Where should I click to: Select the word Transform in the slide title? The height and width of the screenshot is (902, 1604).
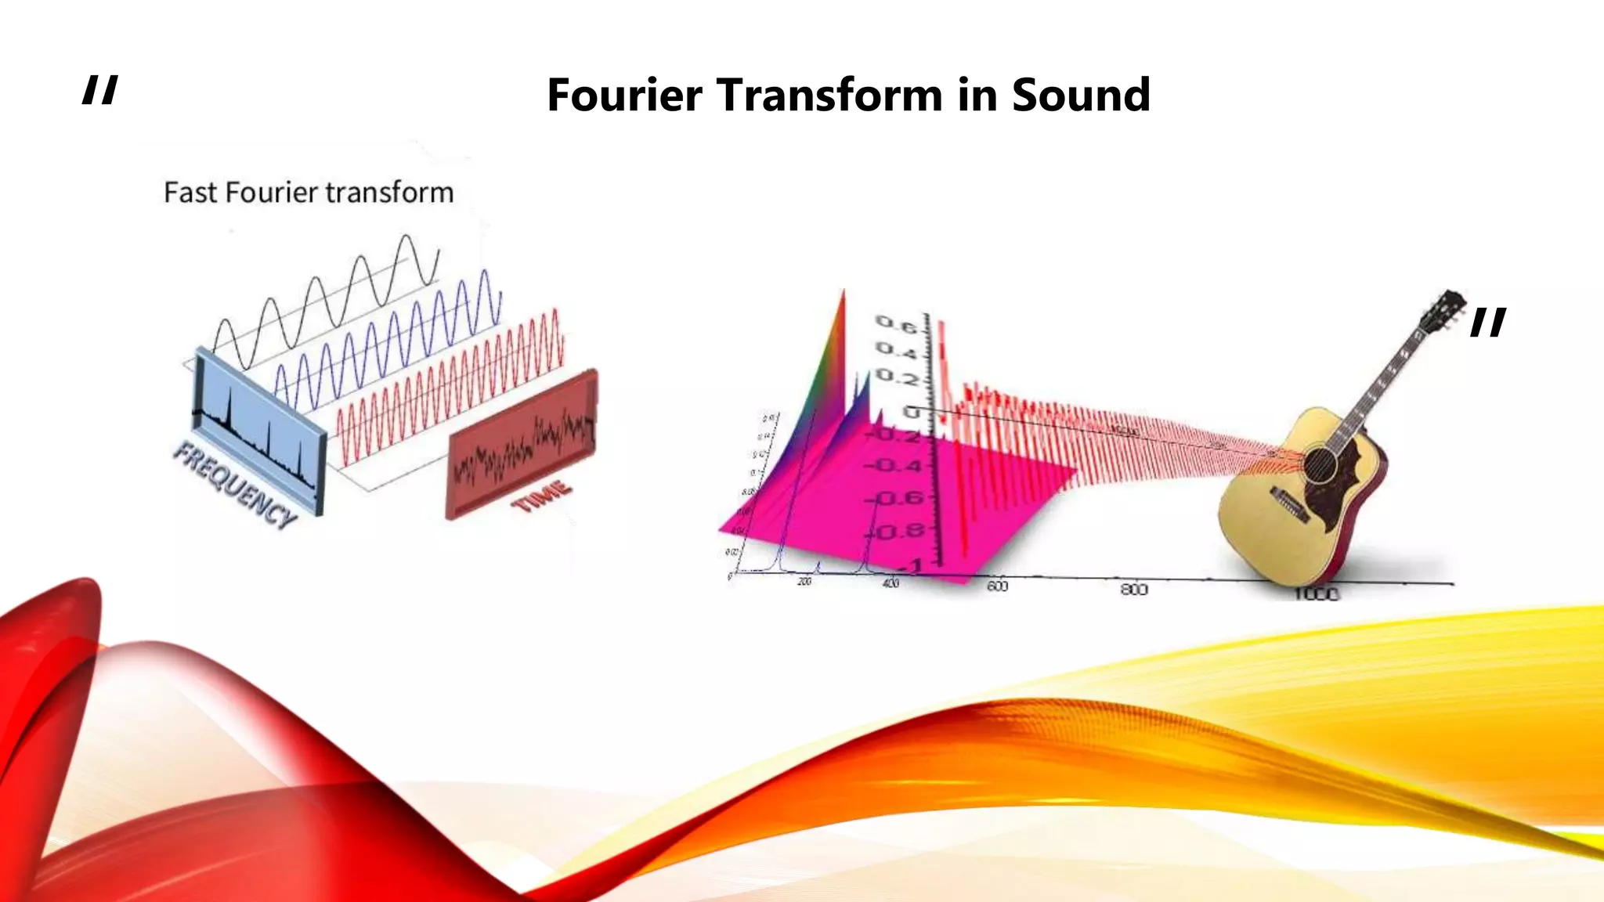tap(829, 96)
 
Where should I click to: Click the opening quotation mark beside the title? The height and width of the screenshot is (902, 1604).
tap(100, 90)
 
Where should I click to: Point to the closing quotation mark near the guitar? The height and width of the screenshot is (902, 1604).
tap(1487, 322)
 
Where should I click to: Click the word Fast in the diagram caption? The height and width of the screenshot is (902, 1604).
tap(191, 193)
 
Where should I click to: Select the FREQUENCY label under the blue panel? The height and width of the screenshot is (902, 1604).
tap(234, 485)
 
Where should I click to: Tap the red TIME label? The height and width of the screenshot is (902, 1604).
tap(541, 496)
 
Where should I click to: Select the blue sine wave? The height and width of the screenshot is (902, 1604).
tap(392, 345)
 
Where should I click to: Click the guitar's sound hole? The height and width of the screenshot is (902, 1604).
tap(1320, 464)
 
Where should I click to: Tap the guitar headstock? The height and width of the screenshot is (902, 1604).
tap(1445, 309)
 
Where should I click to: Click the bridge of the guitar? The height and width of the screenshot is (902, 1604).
tap(1289, 505)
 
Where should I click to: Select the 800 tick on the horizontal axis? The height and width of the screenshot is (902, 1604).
tap(1133, 589)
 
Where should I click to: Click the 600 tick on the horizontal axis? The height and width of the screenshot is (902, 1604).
tap(997, 586)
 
